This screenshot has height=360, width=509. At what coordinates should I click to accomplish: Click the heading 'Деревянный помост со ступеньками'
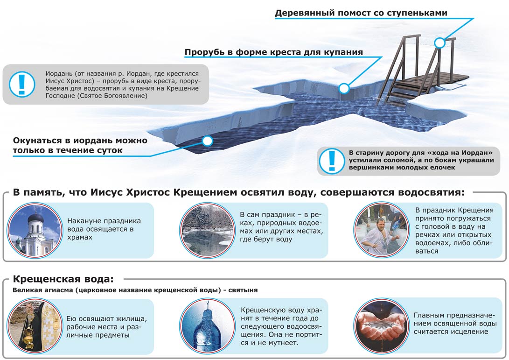point(361,13)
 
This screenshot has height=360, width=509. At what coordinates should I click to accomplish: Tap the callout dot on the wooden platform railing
point(439,42)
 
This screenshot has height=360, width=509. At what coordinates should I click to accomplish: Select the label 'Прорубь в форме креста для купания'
point(274,52)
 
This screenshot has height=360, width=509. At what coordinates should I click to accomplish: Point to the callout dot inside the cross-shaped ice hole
point(344,88)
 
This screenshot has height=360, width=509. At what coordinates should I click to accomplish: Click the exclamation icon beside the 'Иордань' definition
point(22,84)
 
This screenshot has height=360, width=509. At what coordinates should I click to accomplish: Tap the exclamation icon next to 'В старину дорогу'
point(332,161)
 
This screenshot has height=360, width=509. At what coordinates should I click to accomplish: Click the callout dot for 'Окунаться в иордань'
point(207,141)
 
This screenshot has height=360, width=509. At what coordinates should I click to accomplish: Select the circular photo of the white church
point(35,230)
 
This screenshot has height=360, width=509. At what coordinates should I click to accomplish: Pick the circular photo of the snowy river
point(207,230)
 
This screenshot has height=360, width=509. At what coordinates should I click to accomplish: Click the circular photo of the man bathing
point(382,230)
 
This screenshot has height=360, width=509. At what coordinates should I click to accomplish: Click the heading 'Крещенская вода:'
point(63,279)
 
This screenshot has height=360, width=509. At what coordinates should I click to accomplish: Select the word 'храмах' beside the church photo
point(80,238)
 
